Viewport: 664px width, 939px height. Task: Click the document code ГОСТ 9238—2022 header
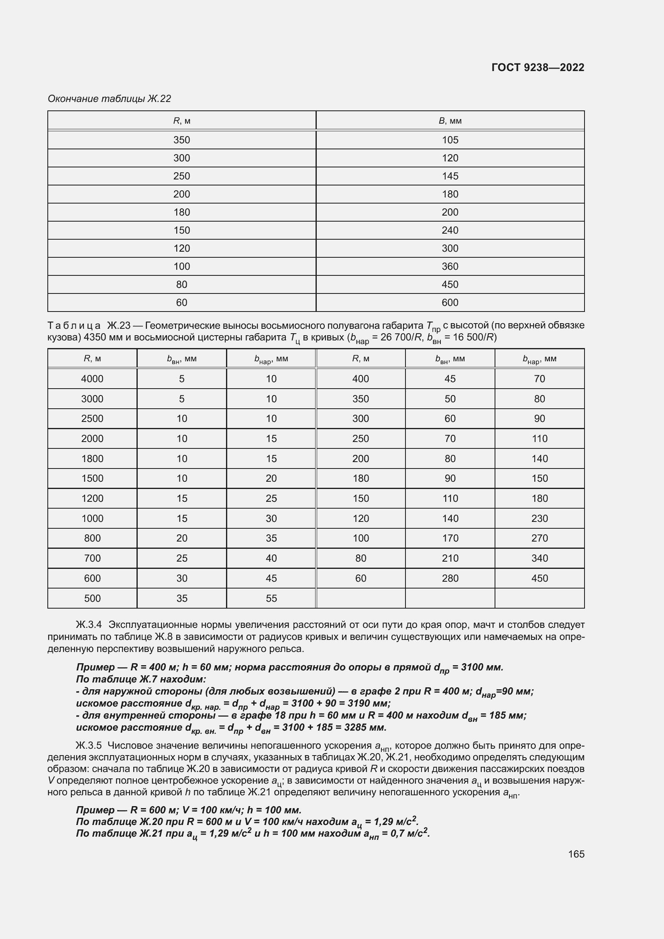[x=538, y=67]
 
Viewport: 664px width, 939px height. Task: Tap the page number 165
[x=576, y=854]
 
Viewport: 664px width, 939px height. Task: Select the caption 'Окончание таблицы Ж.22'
[x=109, y=99]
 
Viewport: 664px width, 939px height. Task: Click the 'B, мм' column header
[x=450, y=121]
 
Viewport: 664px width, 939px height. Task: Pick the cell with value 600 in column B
[x=450, y=303]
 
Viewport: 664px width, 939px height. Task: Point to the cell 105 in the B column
[x=450, y=140]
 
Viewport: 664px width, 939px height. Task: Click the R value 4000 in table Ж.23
[x=92, y=379]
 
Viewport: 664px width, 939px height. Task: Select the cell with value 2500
[x=92, y=418]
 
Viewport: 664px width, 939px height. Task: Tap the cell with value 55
[x=271, y=598]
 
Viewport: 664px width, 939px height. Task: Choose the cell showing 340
[x=539, y=558]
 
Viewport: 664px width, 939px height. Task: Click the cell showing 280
[x=450, y=578]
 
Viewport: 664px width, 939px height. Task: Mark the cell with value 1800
[x=92, y=458]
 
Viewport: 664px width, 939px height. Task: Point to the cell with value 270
[x=539, y=538]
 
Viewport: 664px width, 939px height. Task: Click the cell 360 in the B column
[x=450, y=266]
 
